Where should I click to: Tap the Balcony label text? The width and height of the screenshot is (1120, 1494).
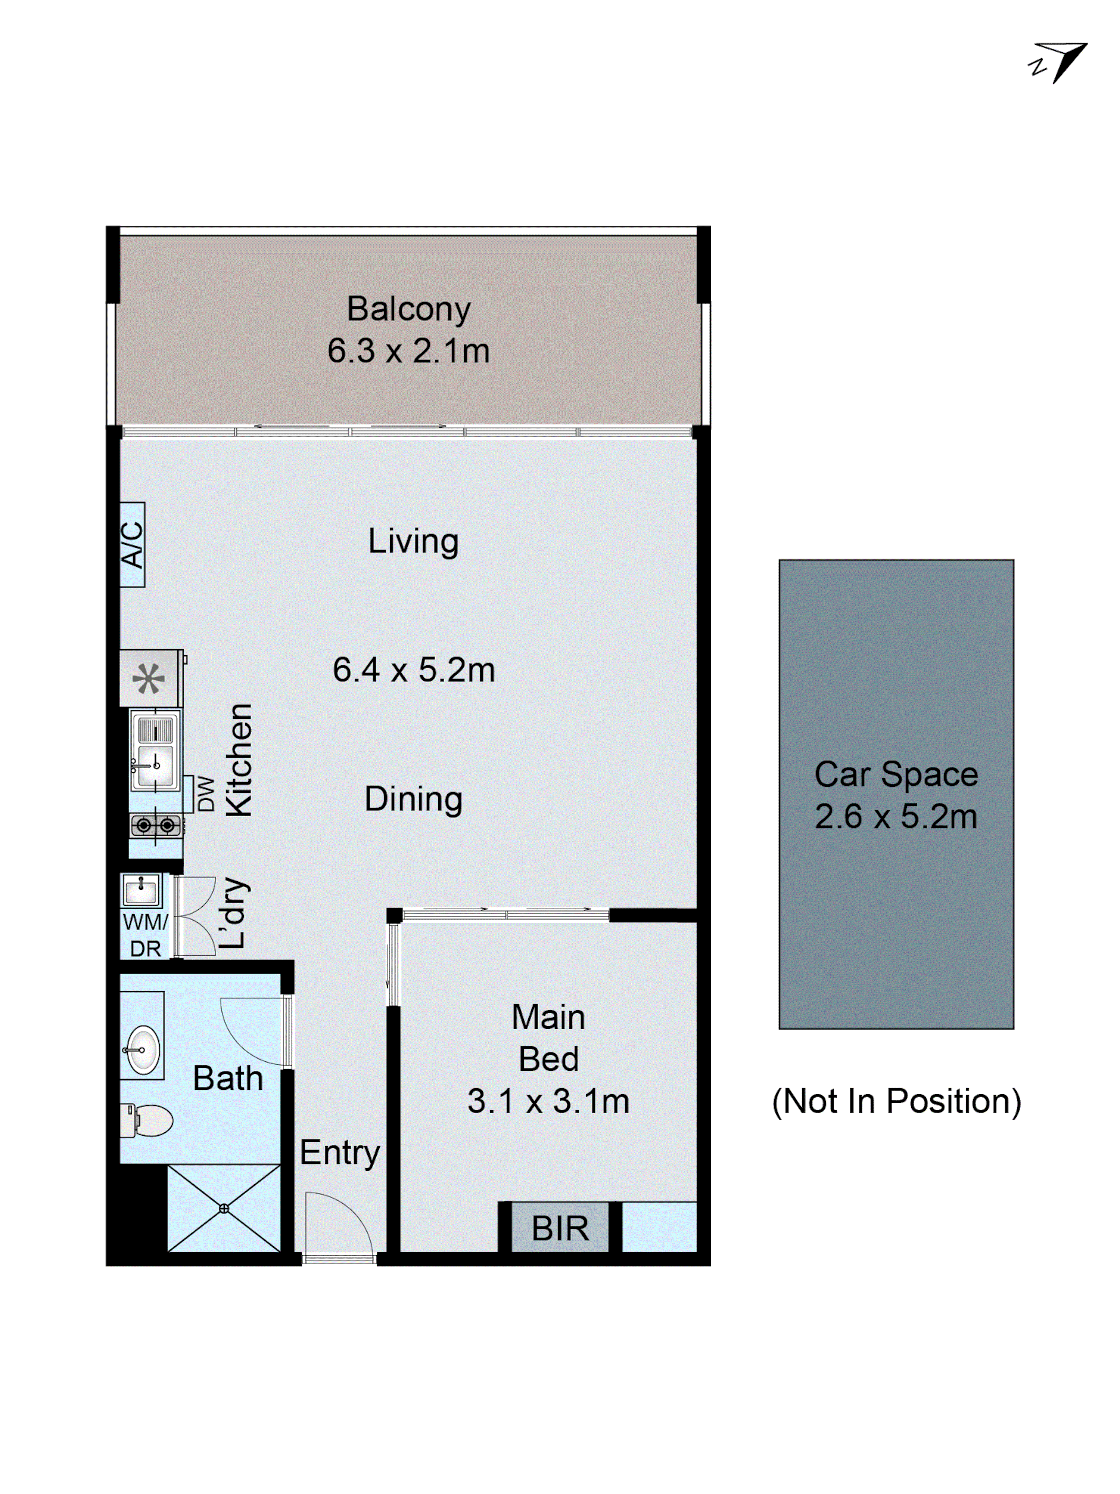click(408, 309)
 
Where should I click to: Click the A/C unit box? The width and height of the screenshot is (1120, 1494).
click(132, 544)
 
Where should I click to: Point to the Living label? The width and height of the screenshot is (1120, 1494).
click(413, 542)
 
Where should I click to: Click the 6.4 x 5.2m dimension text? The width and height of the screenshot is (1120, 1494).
click(413, 670)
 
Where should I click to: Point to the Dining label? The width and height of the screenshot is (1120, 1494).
click(413, 799)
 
